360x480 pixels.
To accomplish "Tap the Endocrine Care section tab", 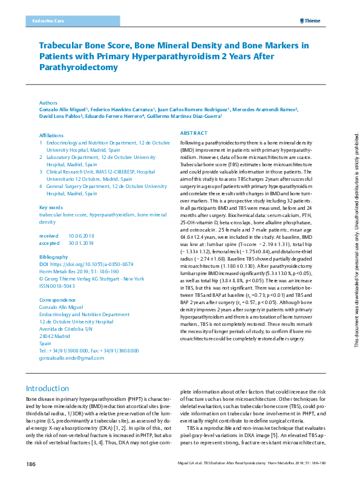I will (x=45, y=21).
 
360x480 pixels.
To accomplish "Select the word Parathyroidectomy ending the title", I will (x=79, y=67).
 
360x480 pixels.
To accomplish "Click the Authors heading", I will (x=48, y=103).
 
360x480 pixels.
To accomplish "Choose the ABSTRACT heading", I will (x=194, y=132).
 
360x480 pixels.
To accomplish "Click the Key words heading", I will (x=51, y=207).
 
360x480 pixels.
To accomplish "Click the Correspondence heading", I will (x=57, y=300).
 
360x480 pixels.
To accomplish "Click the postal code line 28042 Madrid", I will (x=55, y=337).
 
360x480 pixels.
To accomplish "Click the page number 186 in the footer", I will (x=31, y=464).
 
